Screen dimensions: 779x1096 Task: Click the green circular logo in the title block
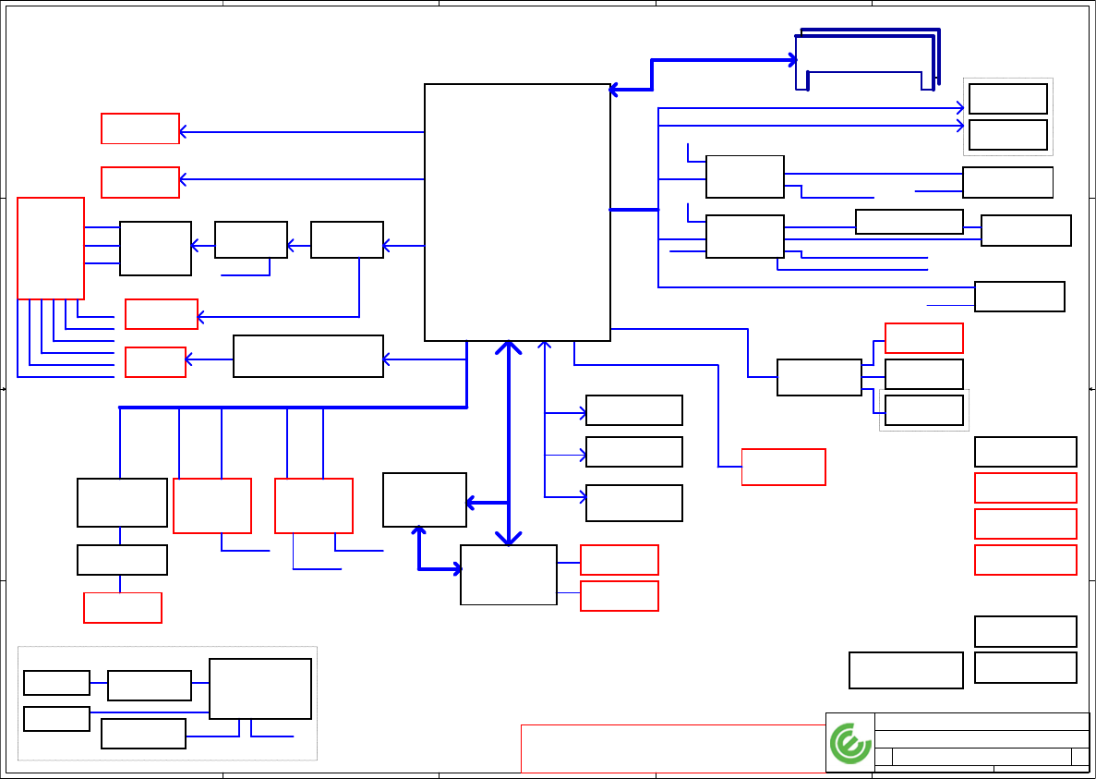pyautogui.click(x=850, y=743)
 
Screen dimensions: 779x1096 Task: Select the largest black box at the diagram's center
pyautogui.click(x=517, y=213)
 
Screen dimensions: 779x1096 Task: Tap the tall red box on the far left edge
pyautogui.click(x=51, y=248)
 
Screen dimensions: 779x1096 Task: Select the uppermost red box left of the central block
pyautogui.click(x=139, y=128)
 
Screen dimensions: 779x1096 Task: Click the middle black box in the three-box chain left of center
pyautogui.click(x=250, y=239)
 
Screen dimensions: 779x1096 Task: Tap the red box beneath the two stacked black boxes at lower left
pyautogui.click(x=123, y=607)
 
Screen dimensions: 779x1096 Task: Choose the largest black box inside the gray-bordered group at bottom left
pyautogui.click(x=260, y=688)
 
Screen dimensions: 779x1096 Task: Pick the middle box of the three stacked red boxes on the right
pyautogui.click(x=1025, y=524)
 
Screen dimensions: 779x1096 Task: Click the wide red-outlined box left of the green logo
pyautogui.click(x=672, y=748)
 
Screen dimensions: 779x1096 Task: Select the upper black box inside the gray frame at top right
pyautogui.click(x=1007, y=99)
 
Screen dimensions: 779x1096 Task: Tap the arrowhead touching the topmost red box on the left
pyautogui.click(x=183, y=132)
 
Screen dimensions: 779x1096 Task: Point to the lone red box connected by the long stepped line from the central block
pyautogui.click(x=783, y=467)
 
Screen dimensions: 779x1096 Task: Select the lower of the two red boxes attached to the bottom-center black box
pyautogui.click(x=619, y=596)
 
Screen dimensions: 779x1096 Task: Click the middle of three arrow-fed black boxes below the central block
pyautogui.click(x=634, y=452)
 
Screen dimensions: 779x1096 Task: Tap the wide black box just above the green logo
pyautogui.click(x=906, y=670)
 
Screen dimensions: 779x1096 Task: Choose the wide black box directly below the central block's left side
pyautogui.click(x=308, y=356)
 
